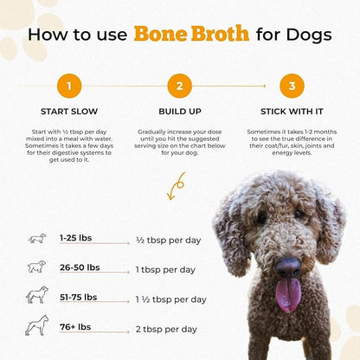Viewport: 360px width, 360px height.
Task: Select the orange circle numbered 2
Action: coord(179,86)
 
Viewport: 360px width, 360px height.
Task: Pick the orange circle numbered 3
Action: coord(291,86)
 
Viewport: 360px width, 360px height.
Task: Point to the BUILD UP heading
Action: coord(179,111)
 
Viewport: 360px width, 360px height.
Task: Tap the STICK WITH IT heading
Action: coord(291,111)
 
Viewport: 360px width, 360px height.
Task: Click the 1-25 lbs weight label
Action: coord(77,237)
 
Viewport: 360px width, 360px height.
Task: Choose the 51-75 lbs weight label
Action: coord(79,297)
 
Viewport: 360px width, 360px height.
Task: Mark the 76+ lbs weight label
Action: coord(76,327)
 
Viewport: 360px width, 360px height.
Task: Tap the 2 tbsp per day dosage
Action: coord(167,329)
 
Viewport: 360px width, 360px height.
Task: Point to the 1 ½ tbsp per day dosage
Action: coord(171,299)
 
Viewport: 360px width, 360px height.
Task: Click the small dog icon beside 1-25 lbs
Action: coord(36,238)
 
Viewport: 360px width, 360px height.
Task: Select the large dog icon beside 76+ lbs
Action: coord(36,326)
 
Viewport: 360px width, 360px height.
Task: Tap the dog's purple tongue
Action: coord(287,294)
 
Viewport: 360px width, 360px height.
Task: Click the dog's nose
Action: coord(287,266)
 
